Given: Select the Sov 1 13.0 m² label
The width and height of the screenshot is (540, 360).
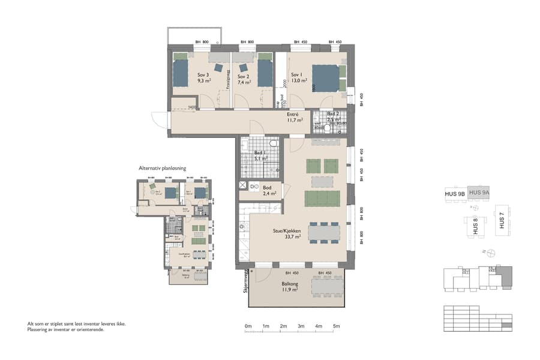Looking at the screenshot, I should click(298, 79).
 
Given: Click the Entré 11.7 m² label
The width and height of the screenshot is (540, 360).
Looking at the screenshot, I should click(293, 117).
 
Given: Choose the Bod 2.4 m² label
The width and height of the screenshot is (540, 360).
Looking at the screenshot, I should click(269, 191).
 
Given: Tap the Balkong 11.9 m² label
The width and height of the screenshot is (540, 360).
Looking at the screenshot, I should click(290, 287).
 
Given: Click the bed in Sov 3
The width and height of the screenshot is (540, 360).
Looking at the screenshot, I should click(181, 73).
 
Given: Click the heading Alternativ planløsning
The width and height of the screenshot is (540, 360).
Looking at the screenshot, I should click(162, 169).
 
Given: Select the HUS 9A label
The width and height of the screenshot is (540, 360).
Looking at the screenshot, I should click(479, 192).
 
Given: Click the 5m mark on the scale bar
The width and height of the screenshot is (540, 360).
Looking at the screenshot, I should click(337, 326).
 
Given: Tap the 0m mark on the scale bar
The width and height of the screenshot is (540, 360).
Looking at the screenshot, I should click(248, 326).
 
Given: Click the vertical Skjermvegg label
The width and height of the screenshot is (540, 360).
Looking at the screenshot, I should click(245, 283).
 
